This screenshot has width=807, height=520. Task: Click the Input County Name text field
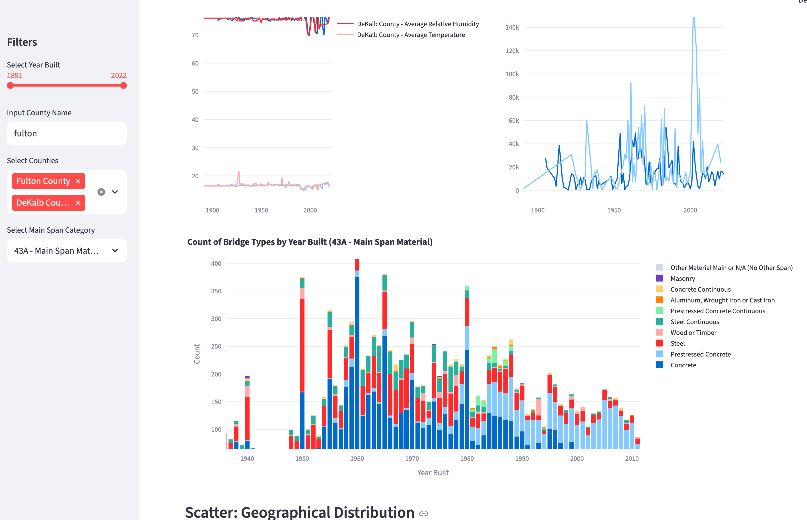[67, 133]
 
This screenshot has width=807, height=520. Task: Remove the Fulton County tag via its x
[78, 181]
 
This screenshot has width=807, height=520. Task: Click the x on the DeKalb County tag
[78, 203]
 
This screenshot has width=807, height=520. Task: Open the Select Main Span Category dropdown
[67, 251]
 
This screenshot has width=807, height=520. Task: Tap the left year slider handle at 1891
[11, 86]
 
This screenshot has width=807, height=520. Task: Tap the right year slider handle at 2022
[123, 86]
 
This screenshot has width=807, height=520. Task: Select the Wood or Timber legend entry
[693, 333]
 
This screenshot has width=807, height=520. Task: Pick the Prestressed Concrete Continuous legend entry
[717, 311]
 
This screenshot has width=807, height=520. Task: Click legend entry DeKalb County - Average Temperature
[410, 35]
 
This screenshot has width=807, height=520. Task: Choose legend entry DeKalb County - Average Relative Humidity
[417, 24]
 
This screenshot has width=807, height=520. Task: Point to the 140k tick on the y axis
[512, 27]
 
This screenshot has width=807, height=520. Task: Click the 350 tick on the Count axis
[216, 291]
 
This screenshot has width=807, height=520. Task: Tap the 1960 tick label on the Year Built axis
[357, 458]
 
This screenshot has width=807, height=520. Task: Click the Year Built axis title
[433, 473]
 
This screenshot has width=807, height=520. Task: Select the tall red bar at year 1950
[302, 344]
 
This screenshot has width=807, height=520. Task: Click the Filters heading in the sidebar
[22, 42]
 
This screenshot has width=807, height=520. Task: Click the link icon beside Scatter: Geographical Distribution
[423, 513]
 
